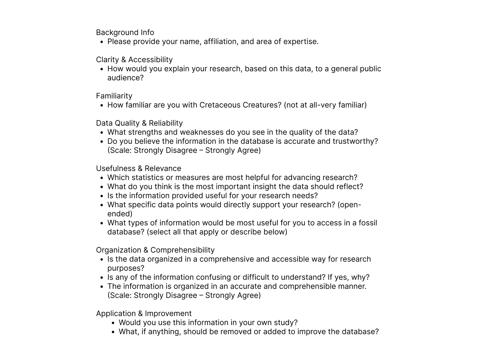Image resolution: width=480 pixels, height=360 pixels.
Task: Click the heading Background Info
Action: (x=125, y=33)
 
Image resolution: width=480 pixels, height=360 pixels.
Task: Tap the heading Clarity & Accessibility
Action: (x=134, y=60)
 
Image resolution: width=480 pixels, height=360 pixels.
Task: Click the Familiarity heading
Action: (x=114, y=96)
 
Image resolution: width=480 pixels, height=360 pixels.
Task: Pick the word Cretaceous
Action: (x=220, y=105)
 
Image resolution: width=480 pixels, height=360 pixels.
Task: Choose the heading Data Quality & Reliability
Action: (x=139, y=123)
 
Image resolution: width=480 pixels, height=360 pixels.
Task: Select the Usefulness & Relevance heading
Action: (x=138, y=168)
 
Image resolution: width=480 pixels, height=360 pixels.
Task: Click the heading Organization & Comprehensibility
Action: (x=155, y=250)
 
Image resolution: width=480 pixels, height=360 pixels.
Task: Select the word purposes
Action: (x=125, y=268)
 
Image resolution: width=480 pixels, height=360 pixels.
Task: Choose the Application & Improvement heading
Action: (x=144, y=314)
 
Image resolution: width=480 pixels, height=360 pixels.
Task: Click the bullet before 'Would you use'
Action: (x=113, y=323)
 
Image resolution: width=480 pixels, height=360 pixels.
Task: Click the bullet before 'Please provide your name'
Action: (x=102, y=42)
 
